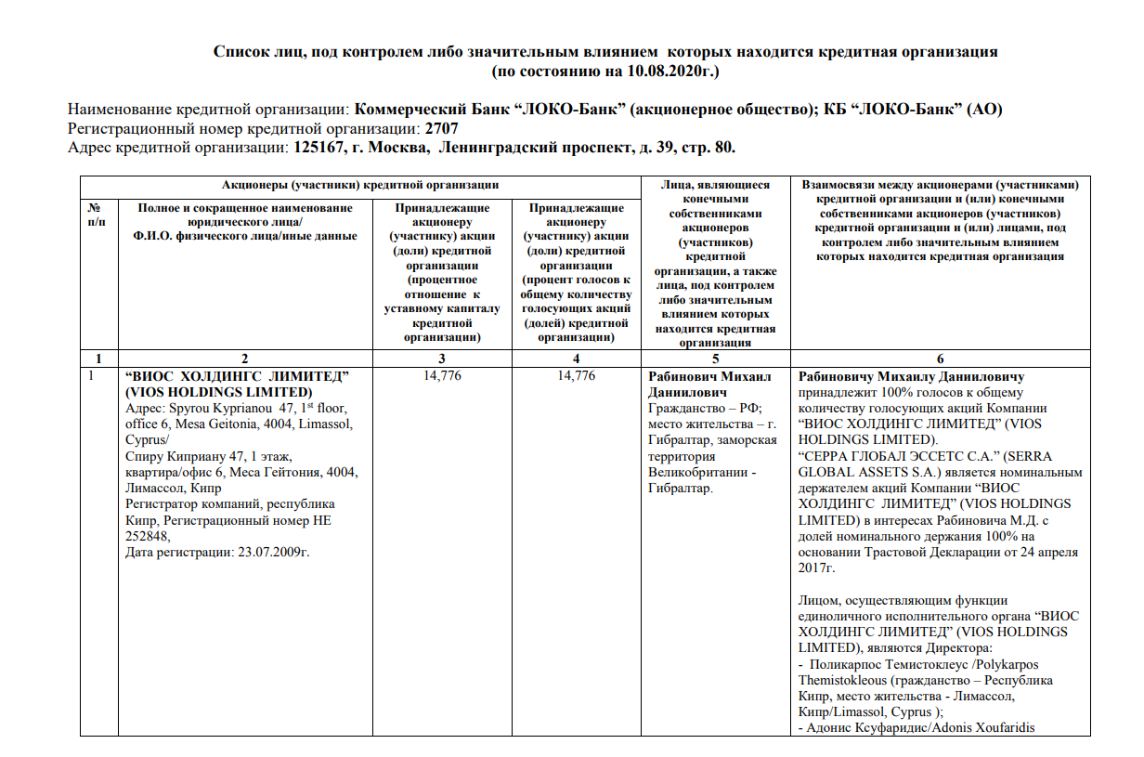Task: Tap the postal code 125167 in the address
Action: (324, 148)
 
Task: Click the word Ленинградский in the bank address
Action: (495, 148)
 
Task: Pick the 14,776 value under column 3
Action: (441, 375)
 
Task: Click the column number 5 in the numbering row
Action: (714, 359)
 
